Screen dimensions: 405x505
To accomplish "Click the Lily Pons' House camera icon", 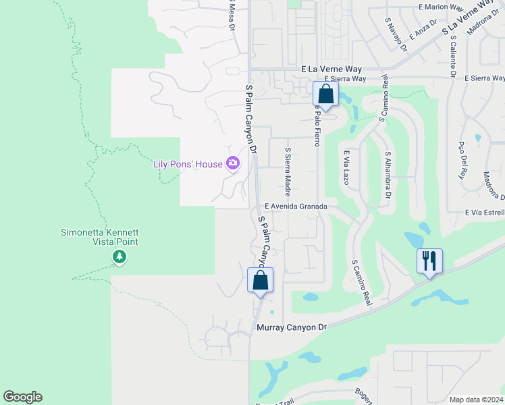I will click(x=234, y=163).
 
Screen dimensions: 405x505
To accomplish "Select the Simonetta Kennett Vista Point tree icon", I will click(x=119, y=256).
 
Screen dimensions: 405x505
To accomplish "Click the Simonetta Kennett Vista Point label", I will click(x=99, y=237).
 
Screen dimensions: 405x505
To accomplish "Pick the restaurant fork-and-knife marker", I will click(x=429, y=261).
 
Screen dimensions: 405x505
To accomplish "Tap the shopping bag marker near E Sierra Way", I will click(x=325, y=94).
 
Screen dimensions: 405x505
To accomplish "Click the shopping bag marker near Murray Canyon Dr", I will click(x=261, y=280).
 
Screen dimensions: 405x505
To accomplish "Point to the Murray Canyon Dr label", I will click(x=292, y=327).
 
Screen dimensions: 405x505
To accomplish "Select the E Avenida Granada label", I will click(x=296, y=207).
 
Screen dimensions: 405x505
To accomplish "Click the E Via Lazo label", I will click(x=346, y=168).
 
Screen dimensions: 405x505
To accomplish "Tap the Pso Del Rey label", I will click(x=462, y=160).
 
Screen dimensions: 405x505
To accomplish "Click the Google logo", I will click(x=22, y=397).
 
